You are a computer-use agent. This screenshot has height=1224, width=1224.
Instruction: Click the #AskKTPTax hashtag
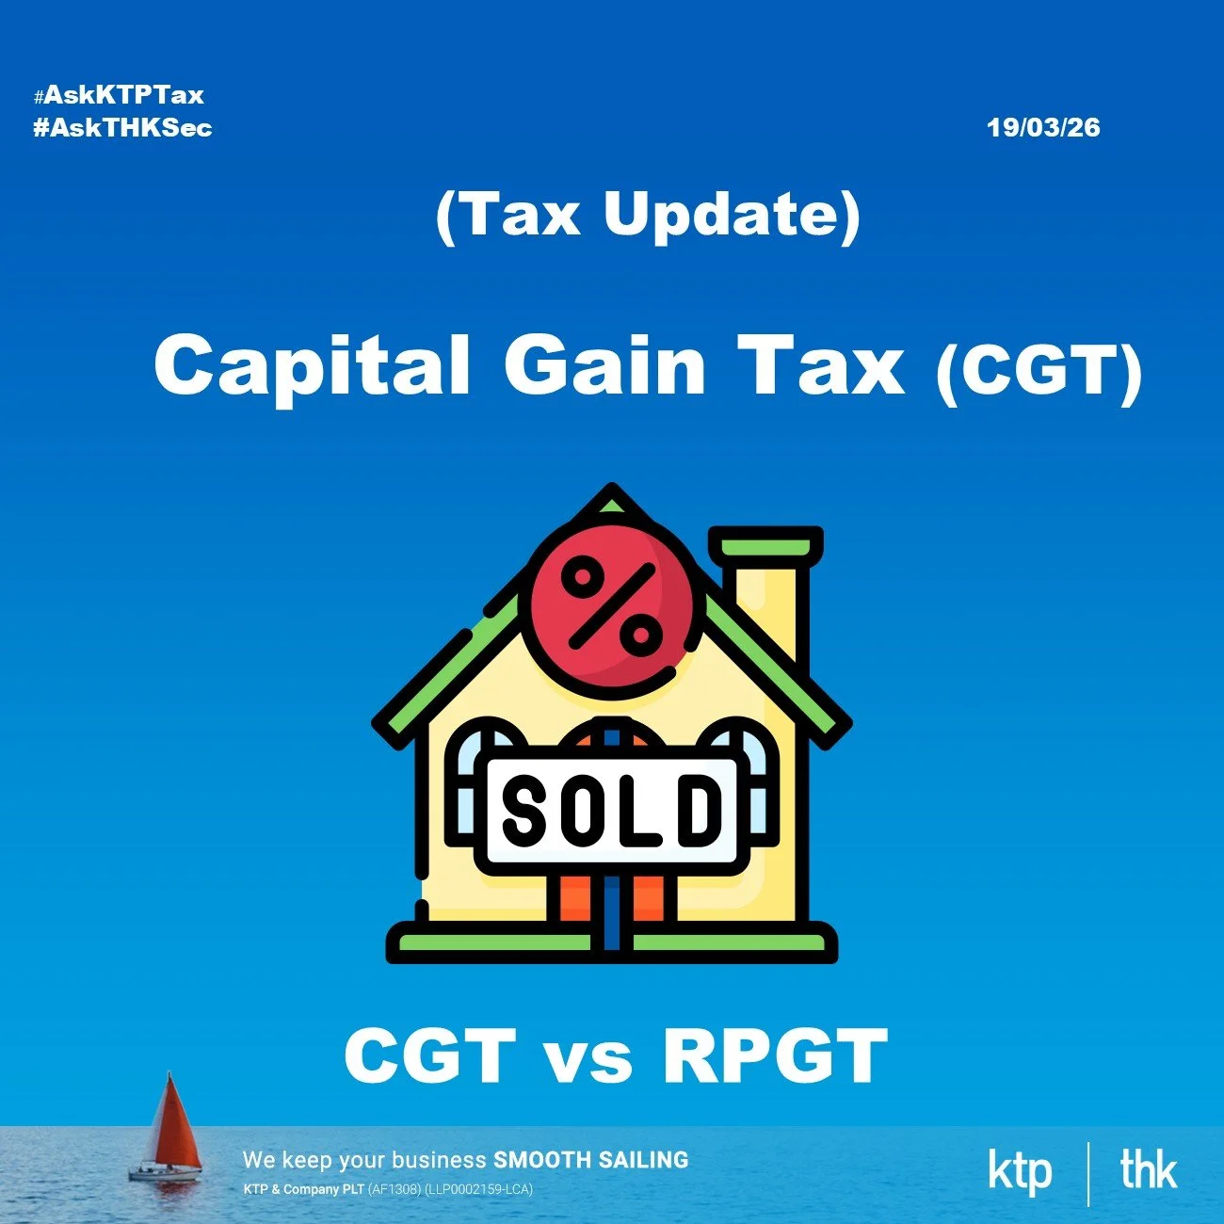[119, 95]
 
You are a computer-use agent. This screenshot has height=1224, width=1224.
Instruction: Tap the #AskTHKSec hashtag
[122, 127]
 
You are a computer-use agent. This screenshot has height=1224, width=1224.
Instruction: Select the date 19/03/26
[1043, 127]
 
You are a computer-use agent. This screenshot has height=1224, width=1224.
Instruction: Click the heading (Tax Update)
[648, 215]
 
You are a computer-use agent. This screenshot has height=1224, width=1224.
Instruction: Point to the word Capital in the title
[312, 366]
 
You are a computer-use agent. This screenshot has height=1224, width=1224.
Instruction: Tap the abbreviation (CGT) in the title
[1039, 373]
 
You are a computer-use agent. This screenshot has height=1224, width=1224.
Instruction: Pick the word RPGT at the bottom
[775, 1055]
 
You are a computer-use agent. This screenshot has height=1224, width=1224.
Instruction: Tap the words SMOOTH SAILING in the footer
[590, 1160]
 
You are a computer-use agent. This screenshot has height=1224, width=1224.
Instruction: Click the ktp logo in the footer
[1020, 1170]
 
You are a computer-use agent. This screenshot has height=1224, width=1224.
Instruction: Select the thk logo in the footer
[1149, 1170]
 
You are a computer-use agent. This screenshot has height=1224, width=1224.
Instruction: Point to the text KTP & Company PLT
[303, 1189]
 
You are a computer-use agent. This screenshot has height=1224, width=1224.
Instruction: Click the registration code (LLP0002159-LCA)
[478, 1189]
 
